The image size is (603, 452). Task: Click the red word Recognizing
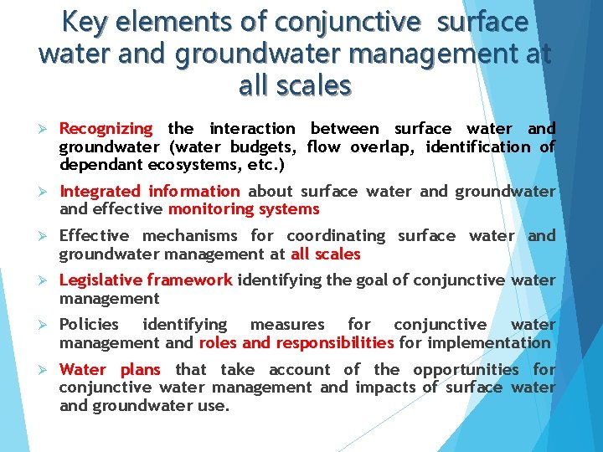(106, 129)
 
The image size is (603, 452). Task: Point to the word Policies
(89, 325)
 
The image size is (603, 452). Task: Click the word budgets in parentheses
(264, 147)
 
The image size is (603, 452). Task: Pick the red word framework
(191, 280)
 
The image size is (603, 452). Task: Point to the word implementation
(488, 342)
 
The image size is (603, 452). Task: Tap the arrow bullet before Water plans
(47, 370)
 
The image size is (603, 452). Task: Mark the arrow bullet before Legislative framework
(47, 280)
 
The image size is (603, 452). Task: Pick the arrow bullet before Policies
(47, 325)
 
